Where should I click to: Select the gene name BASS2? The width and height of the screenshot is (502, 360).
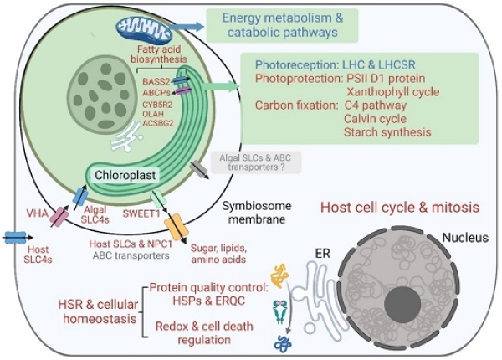(x=157, y=81)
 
